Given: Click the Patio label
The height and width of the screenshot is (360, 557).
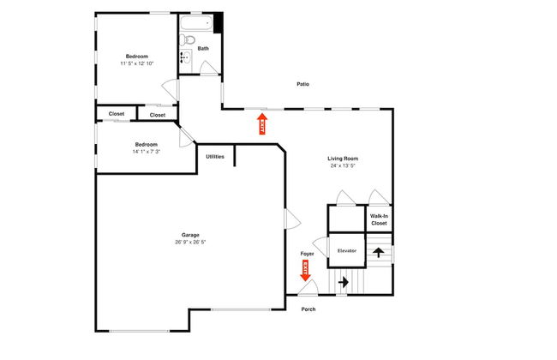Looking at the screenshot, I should coord(302,84).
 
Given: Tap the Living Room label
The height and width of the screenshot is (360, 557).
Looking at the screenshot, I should coord(343,159).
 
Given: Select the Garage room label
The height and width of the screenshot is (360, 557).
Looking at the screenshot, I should coord(190,235).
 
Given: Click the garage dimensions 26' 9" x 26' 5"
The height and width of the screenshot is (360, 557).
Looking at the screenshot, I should coord(190,243).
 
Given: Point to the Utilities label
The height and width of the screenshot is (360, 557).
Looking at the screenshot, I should coord(215,156).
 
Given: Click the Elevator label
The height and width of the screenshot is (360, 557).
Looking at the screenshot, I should coord(346,250).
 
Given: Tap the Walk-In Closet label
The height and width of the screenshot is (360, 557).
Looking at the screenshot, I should coord(379,219).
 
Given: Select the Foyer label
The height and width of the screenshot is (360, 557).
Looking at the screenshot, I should coord(307,255).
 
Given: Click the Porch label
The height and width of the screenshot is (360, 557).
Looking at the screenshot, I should coord(308,309).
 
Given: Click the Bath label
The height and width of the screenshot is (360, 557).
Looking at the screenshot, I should coord(203,49).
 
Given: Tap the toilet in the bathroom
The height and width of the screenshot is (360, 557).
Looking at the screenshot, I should coord(190,39).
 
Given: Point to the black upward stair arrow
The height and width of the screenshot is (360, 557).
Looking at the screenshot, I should coord(378,253).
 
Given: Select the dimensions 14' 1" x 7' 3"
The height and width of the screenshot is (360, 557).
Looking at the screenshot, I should coord(146,152).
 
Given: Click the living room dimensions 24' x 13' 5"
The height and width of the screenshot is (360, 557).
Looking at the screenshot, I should coord(343,166).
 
